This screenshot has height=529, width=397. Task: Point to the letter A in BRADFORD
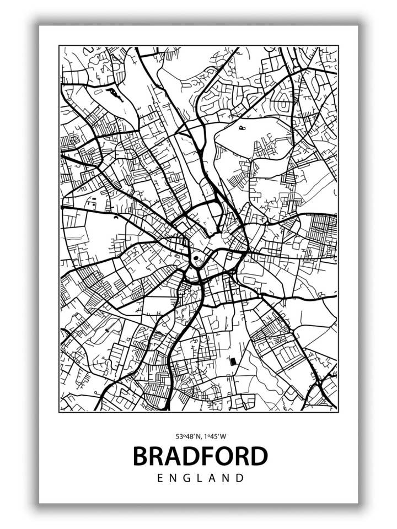click(x=174, y=457)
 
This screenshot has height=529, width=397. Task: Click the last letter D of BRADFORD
click(x=259, y=457)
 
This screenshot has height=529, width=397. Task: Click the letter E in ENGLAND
click(x=160, y=478)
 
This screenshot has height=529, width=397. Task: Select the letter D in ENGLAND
click(x=239, y=478)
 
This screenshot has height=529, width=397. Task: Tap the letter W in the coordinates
click(x=223, y=436)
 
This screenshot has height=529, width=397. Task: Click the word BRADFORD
click(x=200, y=457)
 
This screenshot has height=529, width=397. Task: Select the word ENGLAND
click(x=200, y=478)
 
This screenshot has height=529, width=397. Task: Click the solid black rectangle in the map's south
click(x=232, y=361)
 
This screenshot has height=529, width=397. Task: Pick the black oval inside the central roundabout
click(x=196, y=257)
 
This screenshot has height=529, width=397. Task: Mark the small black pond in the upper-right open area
click(x=243, y=128)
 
